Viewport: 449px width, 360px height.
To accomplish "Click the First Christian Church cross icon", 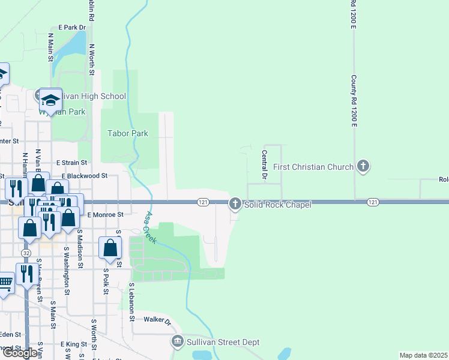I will click(x=362, y=166).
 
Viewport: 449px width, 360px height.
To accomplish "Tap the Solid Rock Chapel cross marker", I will click(x=235, y=205).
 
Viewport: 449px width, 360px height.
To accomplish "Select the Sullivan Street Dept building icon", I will click(x=178, y=342).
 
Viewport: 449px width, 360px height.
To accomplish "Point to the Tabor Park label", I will click(x=127, y=133).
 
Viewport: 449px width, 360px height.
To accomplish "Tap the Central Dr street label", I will click(x=264, y=165).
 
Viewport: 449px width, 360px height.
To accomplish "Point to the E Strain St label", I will click(x=71, y=163).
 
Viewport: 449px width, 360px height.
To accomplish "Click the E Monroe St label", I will click(x=105, y=214).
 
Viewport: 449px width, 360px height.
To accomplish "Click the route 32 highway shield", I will click(x=25, y=246).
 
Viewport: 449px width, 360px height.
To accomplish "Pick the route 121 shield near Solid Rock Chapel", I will click(x=203, y=202).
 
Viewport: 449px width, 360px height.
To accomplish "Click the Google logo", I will click(x=20, y=353).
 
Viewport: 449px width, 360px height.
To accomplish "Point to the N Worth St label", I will click(x=92, y=59).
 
